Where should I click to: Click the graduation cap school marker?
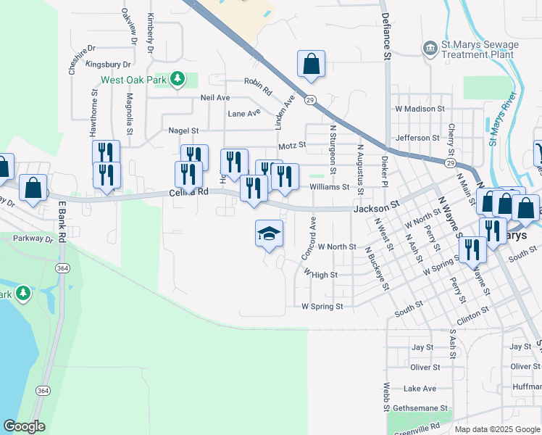(x=269, y=233)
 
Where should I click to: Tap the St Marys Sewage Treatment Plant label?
(x=479, y=49)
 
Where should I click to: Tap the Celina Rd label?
(x=188, y=192)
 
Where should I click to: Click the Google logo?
(x=24, y=426)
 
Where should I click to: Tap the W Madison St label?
(x=420, y=109)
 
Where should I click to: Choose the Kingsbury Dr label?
(x=108, y=65)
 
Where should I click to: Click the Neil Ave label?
(x=214, y=97)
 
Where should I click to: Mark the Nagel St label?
(x=183, y=130)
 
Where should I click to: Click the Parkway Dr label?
(x=19, y=238)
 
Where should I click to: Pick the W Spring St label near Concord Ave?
(x=322, y=307)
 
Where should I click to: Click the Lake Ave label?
(x=420, y=389)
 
